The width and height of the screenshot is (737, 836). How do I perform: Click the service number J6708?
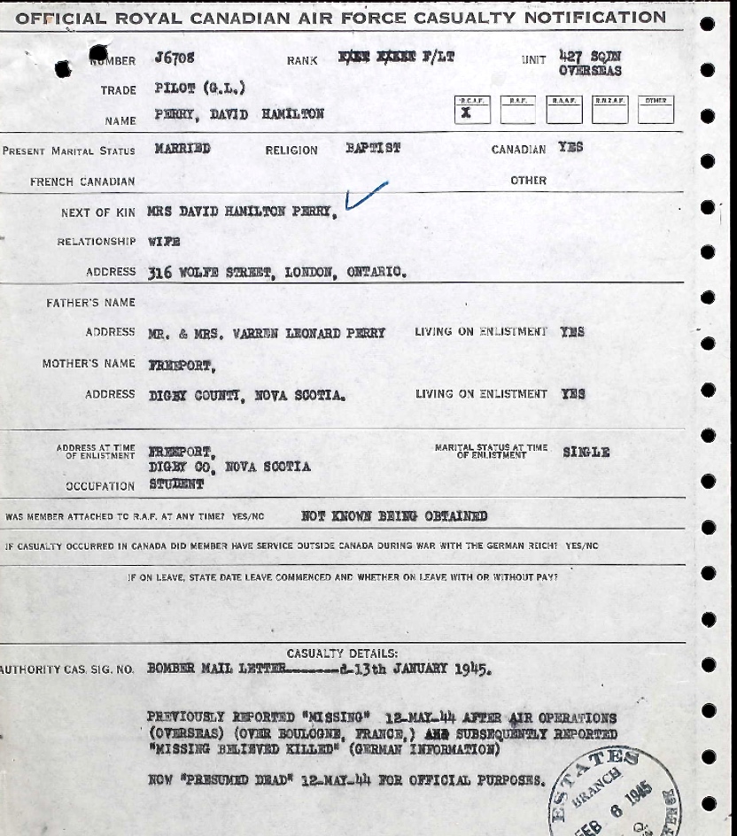[173, 58]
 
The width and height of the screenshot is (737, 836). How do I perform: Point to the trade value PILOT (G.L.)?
[199, 88]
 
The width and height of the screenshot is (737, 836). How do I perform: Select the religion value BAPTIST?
[373, 148]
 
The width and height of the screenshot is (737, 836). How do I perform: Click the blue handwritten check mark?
[366, 196]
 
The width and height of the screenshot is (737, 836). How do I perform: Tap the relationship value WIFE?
[164, 241]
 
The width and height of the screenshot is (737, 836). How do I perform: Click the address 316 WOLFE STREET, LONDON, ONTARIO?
[277, 272]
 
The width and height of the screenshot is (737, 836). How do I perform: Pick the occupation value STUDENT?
[176, 484]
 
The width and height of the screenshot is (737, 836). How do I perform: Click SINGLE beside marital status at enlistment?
[586, 452]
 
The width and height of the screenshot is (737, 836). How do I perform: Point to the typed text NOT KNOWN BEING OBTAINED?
[394, 515]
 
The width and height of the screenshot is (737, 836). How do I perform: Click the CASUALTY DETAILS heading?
[342, 654]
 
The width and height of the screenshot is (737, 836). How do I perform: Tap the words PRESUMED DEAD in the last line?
[229, 779]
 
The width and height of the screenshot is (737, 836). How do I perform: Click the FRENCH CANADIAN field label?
[82, 182]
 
